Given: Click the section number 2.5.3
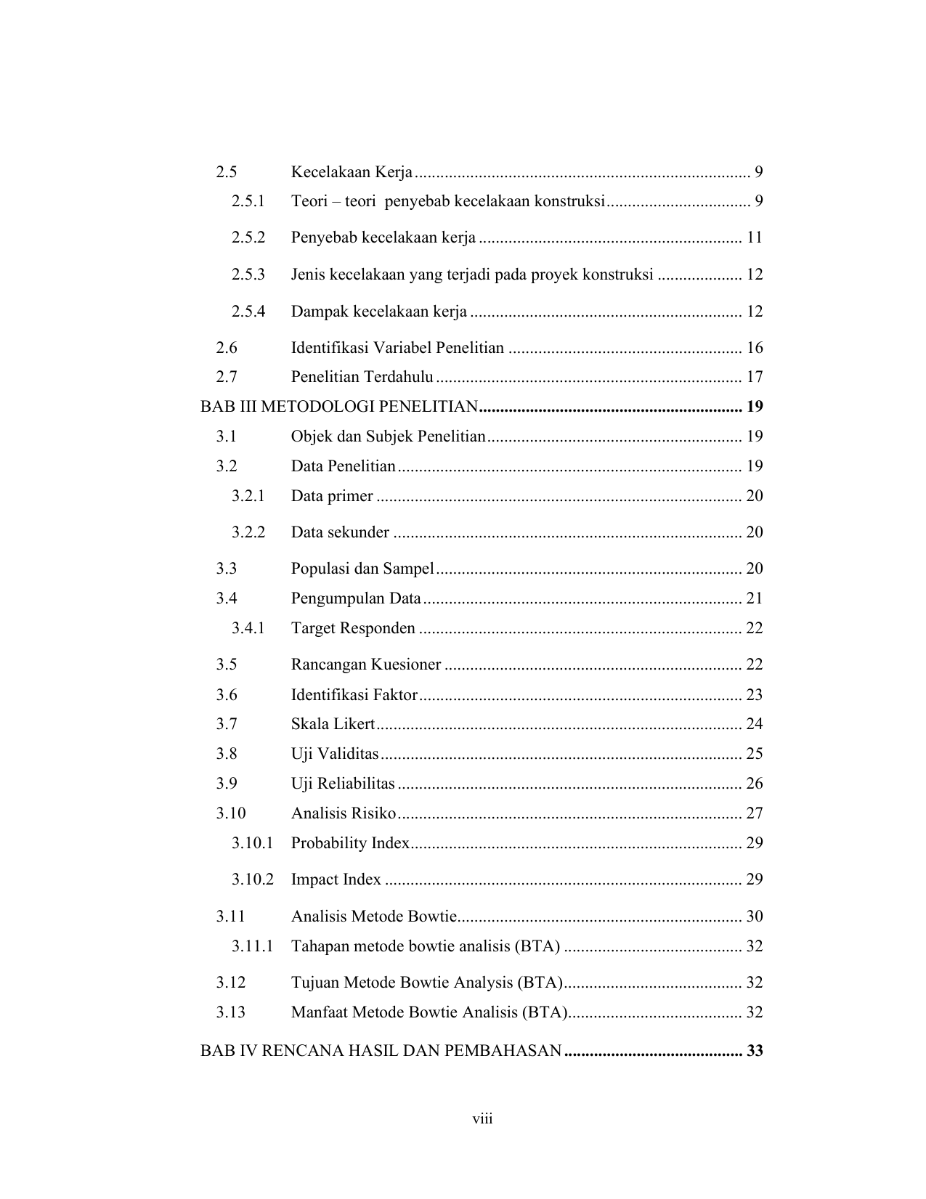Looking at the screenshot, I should tap(248, 275).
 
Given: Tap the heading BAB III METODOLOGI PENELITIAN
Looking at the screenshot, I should tap(339, 407).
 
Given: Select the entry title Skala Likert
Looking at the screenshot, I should tap(333, 724).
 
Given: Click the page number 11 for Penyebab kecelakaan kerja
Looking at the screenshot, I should tap(754, 237).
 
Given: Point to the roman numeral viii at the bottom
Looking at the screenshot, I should tap(482, 1118).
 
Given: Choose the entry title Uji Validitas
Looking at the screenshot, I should tap(335, 754).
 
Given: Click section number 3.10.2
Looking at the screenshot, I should tap(253, 879).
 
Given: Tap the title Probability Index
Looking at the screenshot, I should tap(350, 843).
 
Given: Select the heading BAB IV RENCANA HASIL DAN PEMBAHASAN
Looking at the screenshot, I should tap(381, 1051).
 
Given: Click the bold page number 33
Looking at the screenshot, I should tap(755, 1051).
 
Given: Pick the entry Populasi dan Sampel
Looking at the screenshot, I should tap(362, 569).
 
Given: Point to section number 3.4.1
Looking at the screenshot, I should tap(248, 628).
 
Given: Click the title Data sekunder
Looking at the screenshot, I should tap(340, 532).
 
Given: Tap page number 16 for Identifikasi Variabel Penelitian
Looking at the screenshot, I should tap(755, 348).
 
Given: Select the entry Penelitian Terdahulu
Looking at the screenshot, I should tap(362, 377).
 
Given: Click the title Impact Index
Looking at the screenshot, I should tap(336, 879).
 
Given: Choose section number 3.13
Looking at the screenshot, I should tap(230, 1012).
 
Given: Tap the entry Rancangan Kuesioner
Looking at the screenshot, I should tap(366, 664).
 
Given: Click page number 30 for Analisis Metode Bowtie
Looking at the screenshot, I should tap(755, 916).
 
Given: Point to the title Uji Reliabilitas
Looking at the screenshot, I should tap(343, 784).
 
